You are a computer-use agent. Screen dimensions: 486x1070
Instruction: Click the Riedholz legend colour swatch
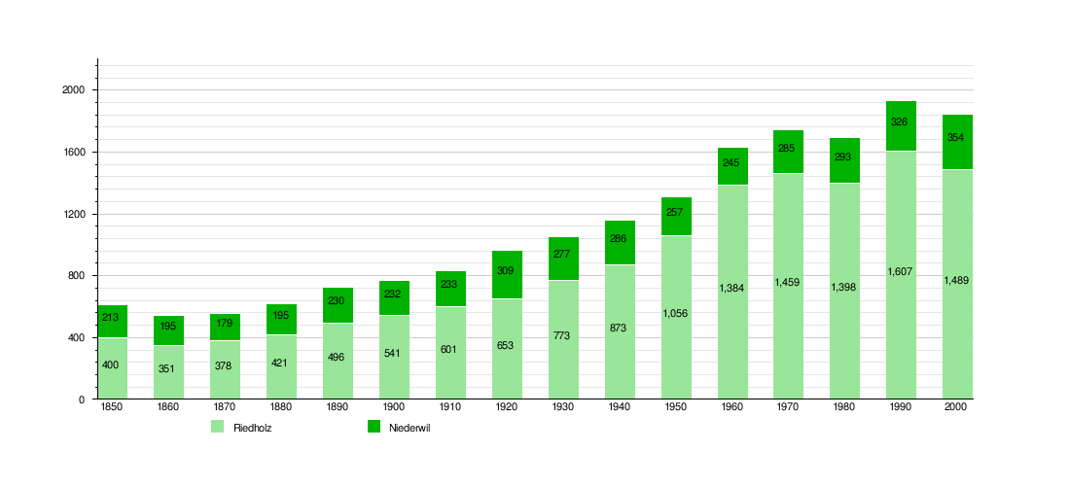pos(217,427)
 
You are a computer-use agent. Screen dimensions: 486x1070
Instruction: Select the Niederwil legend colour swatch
pos(374,427)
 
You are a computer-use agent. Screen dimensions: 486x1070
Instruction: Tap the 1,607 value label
pos(901,272)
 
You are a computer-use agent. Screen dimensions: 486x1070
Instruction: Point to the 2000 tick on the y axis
pos(75,90)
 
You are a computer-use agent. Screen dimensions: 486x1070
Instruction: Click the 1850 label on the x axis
pos(112,408)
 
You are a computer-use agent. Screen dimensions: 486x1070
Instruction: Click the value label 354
pos(956,137)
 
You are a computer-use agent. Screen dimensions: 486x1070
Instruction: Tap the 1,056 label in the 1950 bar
pos(675,313)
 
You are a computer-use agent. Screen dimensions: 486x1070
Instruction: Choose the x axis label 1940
pos(619,408)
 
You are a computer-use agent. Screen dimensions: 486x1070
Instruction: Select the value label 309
pos(507,270)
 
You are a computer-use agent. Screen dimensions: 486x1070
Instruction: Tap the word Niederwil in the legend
pos(410,428)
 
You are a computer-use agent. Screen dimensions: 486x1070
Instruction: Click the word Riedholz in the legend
pos(252,428)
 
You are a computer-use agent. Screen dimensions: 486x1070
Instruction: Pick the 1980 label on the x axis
pos(844,408)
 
